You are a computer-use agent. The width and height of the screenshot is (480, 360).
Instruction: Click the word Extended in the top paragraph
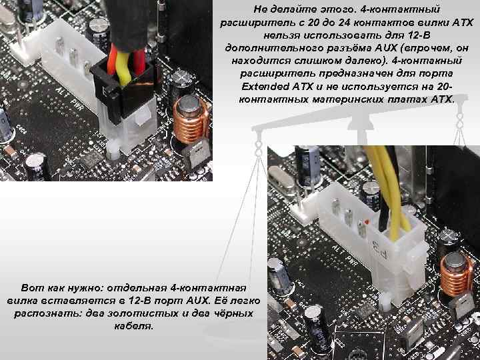[x=263, y=87]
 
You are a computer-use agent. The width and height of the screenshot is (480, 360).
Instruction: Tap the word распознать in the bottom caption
[x=40, y=313]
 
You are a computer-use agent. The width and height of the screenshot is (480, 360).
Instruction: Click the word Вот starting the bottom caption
[x=33, y=287]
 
